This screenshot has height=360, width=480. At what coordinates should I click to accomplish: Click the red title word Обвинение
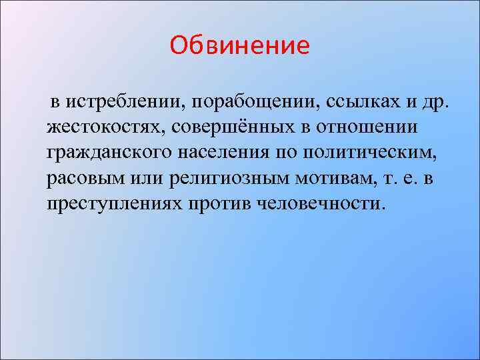pos(240,46)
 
